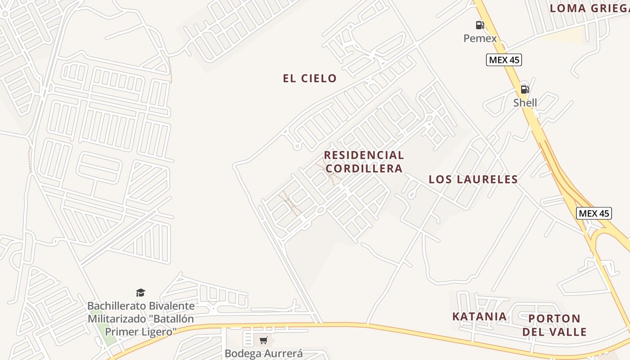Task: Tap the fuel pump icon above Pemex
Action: coord(480,25)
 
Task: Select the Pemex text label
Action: coord(480,38)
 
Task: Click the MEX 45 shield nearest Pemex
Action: coord(504,60)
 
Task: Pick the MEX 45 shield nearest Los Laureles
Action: coord(594,213)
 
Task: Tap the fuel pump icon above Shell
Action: coord(525,89)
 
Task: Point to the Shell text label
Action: coord(525,103)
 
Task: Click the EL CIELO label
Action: coord(310,78)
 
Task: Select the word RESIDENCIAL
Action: coord(364,155)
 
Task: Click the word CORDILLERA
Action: coord(364,168)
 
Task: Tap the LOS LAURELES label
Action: coord(473,179)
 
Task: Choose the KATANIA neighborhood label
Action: coord(479,316)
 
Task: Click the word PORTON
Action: coord(554,319)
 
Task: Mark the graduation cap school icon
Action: coord(141,293)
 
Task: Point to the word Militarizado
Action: coord(118,319)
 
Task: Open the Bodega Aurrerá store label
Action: coord(263,353)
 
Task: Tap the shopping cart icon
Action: coord(263,340)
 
